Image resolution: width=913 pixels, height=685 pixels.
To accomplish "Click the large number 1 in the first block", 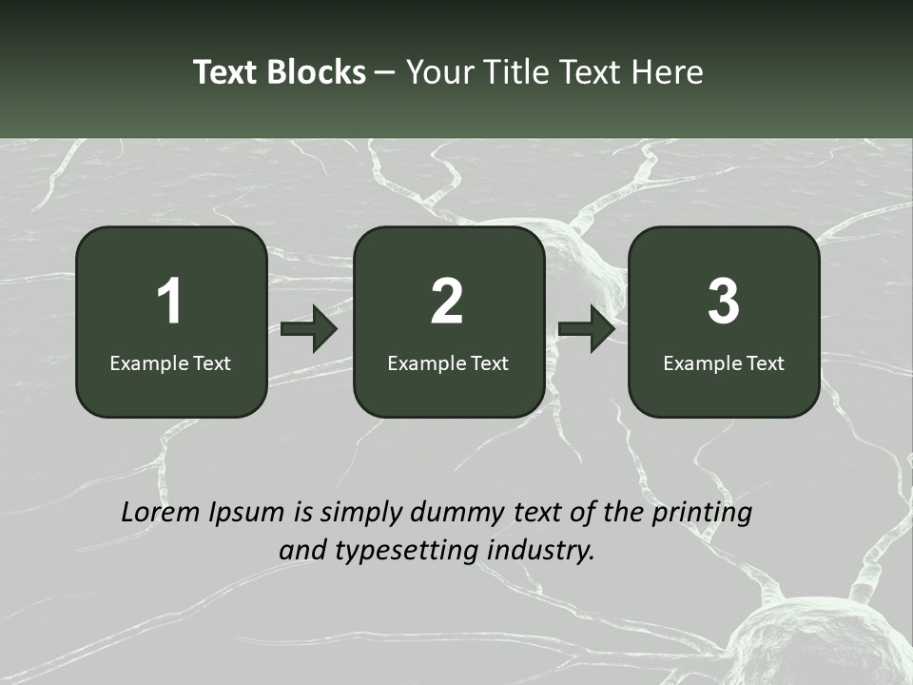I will point(169,302).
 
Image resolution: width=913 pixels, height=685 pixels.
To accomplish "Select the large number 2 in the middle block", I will point(447,302).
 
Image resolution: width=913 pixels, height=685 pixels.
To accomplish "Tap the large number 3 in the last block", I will point(724,302).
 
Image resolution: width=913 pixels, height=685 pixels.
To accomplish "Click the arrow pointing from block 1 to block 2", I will point(309,329).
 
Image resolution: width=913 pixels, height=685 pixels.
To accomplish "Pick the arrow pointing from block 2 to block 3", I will point(587,329).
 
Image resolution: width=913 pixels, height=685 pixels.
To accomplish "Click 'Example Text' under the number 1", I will point(170,363).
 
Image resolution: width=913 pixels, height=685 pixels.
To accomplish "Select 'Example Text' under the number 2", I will point(448,363).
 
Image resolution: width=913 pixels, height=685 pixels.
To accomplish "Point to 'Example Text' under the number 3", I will point(724,363).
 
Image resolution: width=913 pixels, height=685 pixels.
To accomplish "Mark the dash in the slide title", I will point(385,73).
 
